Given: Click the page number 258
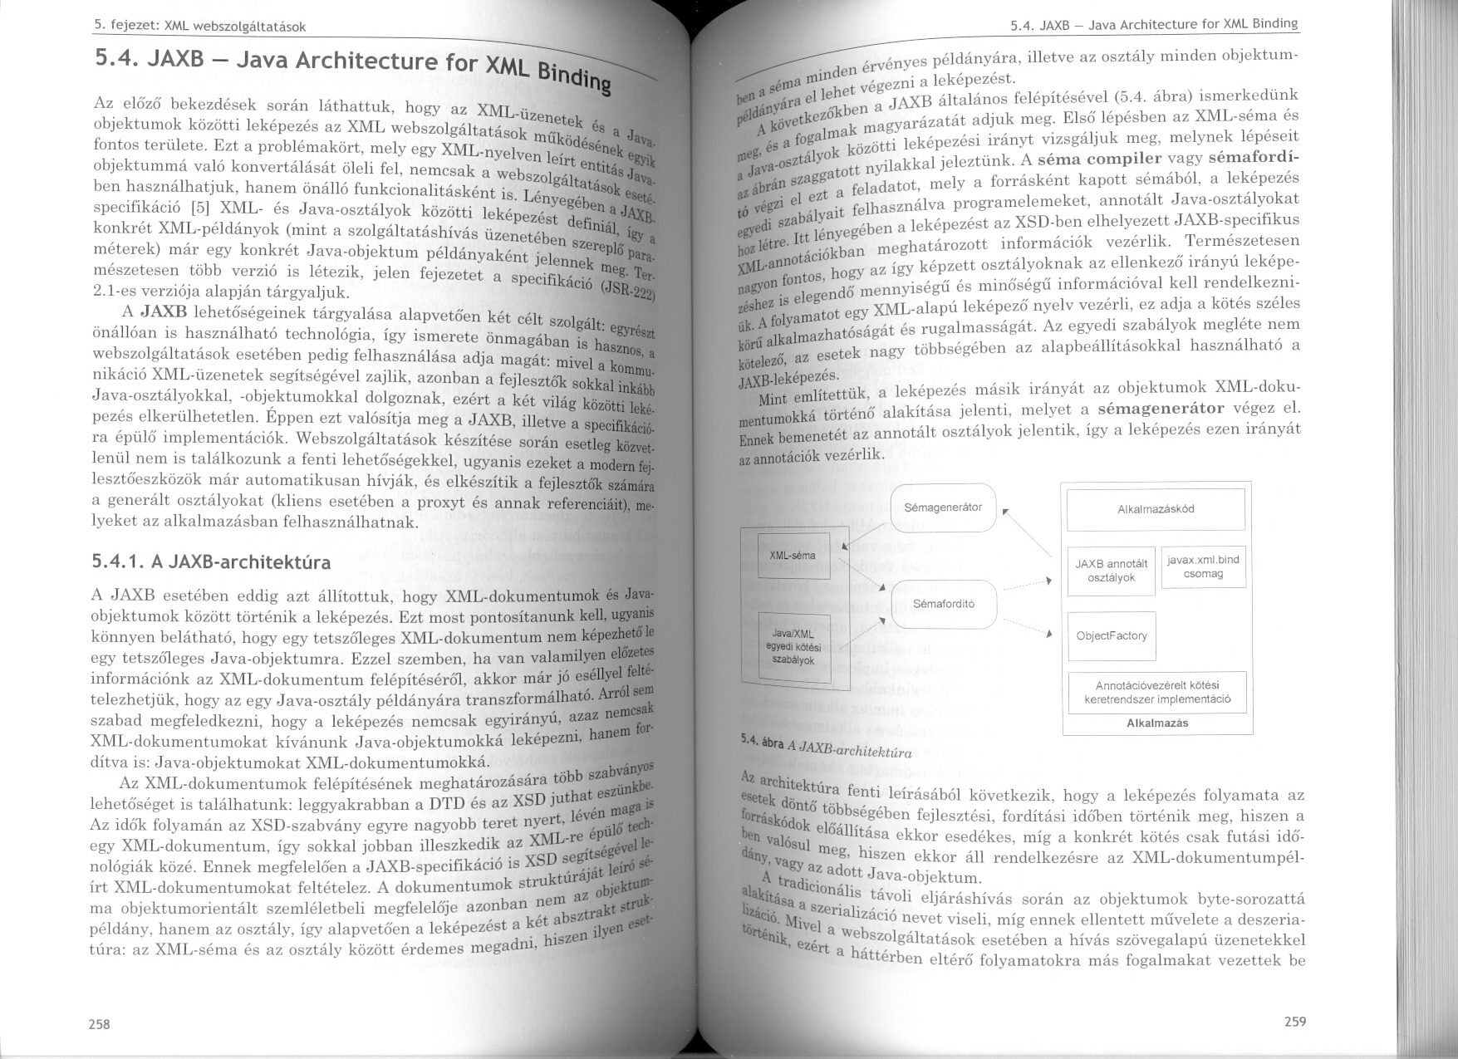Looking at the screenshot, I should tap(99, 1024).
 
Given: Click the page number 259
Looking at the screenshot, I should tap(1294, 1021).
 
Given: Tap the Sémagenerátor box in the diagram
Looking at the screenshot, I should tap(942, 507).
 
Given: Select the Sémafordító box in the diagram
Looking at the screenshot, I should tap(943, 604).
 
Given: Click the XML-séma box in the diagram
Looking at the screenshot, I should tap(793, 556).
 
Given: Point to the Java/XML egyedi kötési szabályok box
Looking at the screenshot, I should tap(794, 647).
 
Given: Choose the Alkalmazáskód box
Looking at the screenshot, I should tap(1155, 509).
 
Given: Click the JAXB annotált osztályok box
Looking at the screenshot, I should tap(1111, 571).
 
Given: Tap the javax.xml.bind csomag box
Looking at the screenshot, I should tap(1203, 566).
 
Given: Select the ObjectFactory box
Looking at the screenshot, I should tap(1111, 635).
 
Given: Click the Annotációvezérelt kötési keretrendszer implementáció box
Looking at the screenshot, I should tap(1157, 692).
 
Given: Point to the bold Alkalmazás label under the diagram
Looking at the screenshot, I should tap(1156, 723).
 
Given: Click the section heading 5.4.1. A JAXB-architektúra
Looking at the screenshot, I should tap(211, 561).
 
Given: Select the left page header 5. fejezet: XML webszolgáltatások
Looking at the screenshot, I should tap(199, 26).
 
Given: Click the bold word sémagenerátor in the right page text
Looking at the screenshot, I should tap(1161, 409).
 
